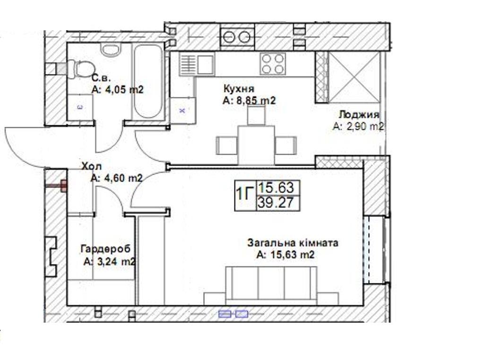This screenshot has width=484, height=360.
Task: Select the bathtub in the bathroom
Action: pos(148,81)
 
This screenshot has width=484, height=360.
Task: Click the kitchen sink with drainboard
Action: pos(197,64)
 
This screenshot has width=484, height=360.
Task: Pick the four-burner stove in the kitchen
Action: pos(273,64)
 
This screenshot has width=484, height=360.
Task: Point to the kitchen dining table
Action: pos(256,145)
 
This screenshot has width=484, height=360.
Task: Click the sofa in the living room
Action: pos(271,285)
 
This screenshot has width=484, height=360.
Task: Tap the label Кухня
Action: pos(239,88)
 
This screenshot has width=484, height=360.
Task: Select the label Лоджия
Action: pos(359,114)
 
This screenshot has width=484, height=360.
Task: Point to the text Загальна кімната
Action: pos(293,243)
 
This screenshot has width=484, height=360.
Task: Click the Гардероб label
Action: pos(105,249)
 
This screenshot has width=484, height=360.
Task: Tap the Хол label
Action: pos(91,167)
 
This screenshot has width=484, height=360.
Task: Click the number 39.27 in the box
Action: pos(276,203)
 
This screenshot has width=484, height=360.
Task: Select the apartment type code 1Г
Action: pos(245,194)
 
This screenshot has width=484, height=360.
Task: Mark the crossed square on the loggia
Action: pos(354,77)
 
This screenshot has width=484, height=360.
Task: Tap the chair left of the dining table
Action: pos(226,145)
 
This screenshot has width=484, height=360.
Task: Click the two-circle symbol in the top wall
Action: pos(237,37)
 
